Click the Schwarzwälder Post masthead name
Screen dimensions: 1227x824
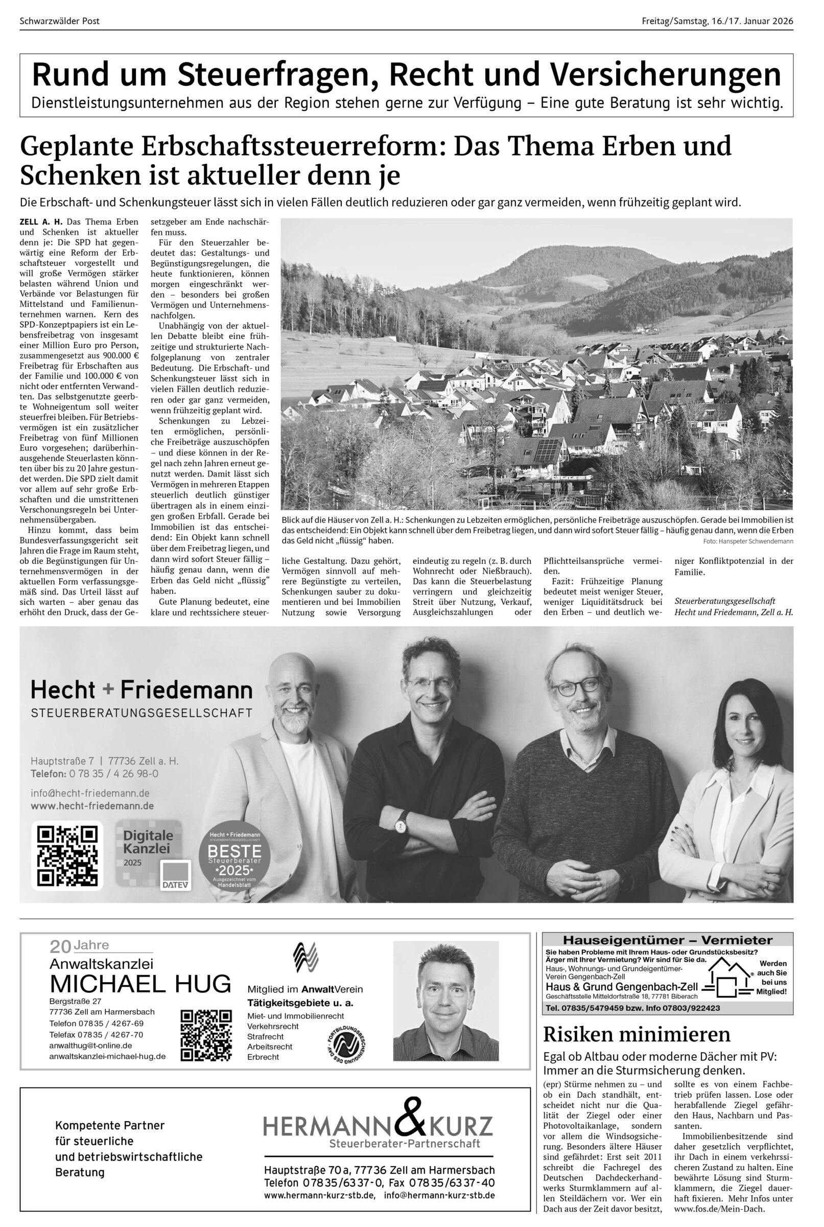(59, 21)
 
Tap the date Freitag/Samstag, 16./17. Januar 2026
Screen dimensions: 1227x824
(717, 21)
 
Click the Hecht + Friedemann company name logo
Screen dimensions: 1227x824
(142, 690)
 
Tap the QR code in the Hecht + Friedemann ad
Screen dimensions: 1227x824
(67, 856)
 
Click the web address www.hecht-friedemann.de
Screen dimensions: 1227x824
(92, 806)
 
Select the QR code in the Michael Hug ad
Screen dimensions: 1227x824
(206, 1036)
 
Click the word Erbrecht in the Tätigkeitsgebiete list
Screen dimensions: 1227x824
(263, 1057)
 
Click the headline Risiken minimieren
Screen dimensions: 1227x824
(637, 1034)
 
